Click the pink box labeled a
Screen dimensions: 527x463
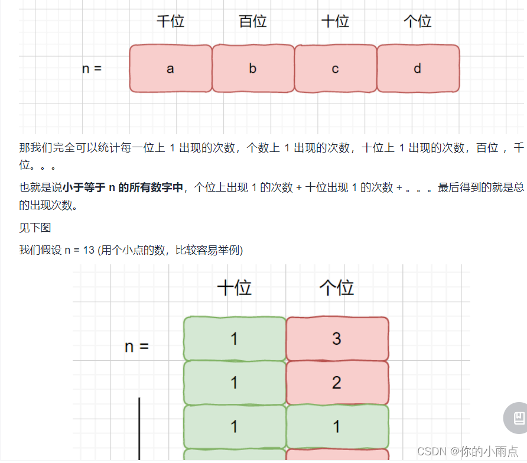click(x=171, y=69)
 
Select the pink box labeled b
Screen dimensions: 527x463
click(x=253, y=69)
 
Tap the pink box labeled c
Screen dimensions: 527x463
click(x=335, y=69)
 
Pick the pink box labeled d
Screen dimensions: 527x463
click(x=418, y=69)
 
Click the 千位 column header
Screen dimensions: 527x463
click(x=170, y=22)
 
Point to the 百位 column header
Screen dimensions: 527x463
click(x=253, y=22)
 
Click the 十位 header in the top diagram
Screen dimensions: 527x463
click(x=335, y=22)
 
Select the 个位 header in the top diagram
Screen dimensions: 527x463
click(x=418, y=22)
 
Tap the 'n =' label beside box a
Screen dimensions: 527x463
click(x=92, y=69)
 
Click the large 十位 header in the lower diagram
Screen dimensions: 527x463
click(x=235, y=288)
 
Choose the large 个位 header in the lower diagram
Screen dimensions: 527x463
click(x=337, y=288)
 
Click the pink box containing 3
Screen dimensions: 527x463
click(x=337, y=339)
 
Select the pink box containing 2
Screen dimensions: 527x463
click(x=337, y=383)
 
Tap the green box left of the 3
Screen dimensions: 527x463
click(x=235, y=339)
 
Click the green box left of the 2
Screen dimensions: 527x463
click(x=235, y=383)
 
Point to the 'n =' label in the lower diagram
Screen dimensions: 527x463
click(x=136, y=347)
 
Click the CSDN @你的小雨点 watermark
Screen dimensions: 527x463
click(x=467, y=451)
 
